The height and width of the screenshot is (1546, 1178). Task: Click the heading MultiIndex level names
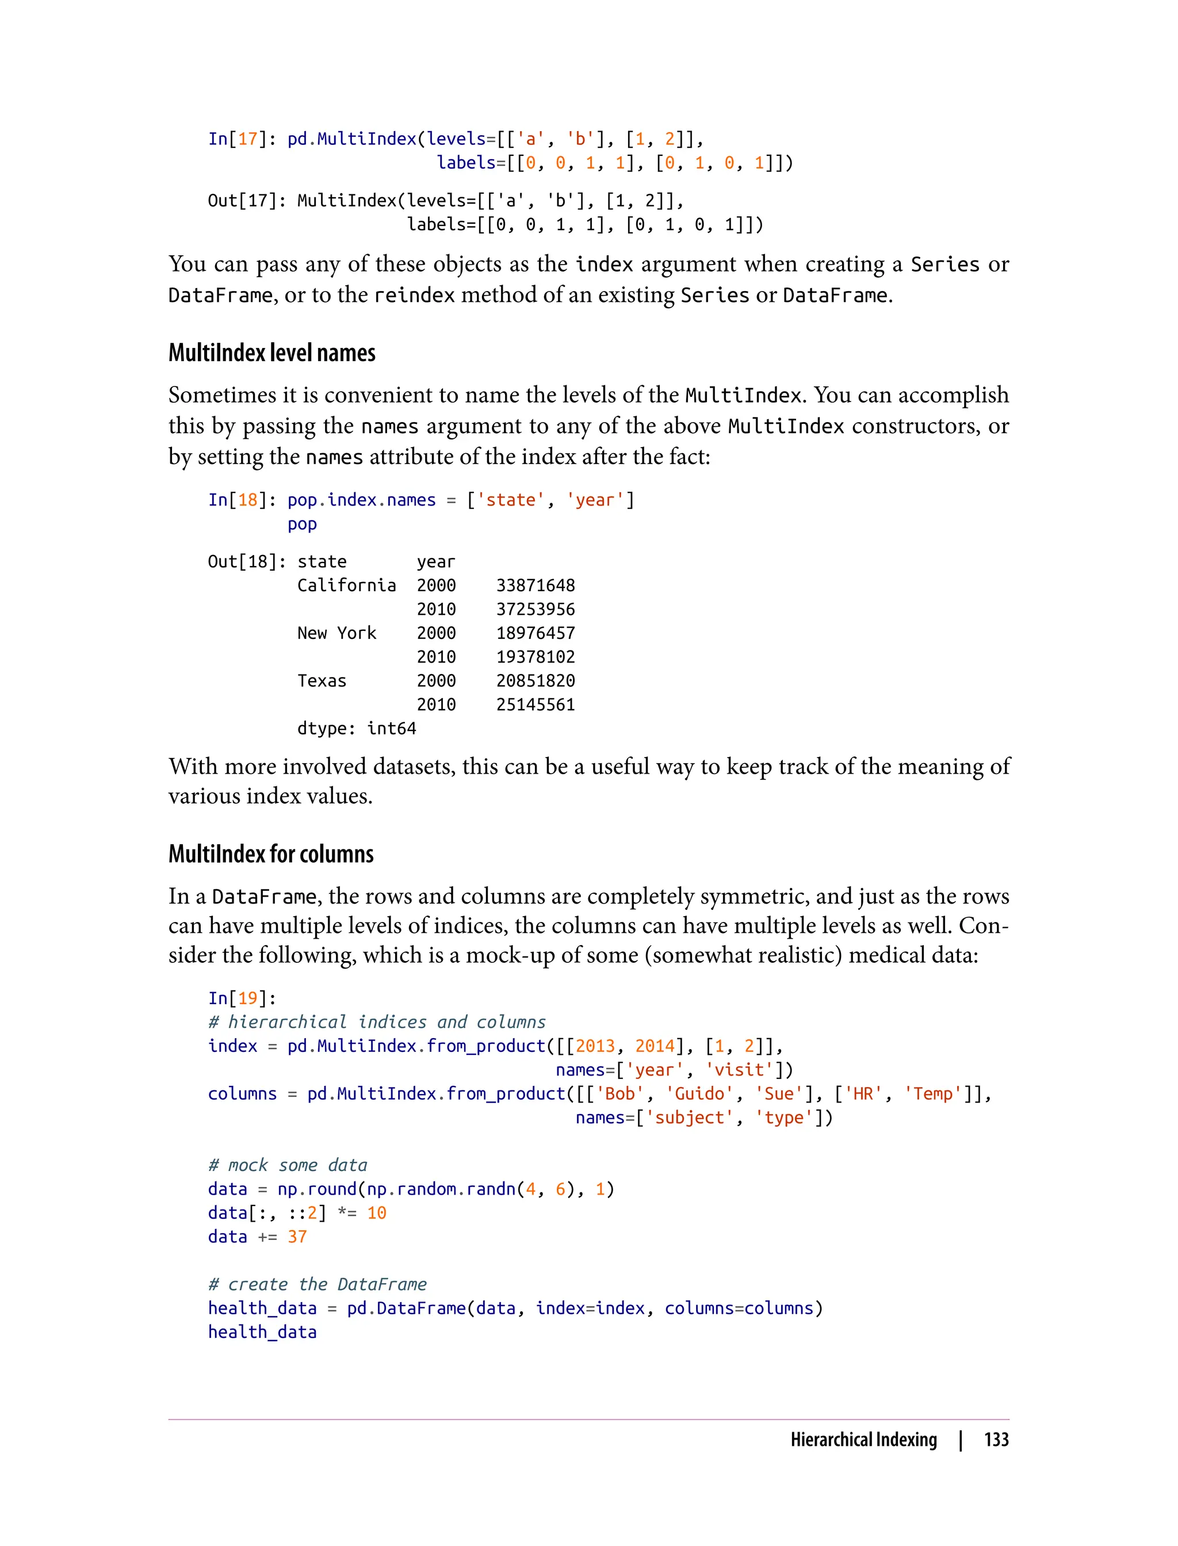coord(271,353)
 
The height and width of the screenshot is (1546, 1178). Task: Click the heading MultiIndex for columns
coord(271,854)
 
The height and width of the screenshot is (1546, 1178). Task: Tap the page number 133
coord(996,1440)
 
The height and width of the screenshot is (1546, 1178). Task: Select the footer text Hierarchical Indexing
coord(863,1440)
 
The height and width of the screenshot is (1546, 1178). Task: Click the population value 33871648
coord(535,586)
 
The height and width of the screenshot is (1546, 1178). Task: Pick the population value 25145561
coord(535,705)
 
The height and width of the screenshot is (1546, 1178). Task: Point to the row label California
coord(346,586)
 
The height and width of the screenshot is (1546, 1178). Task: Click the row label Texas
coord(322,681)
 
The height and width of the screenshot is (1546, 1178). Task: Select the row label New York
coord(336,633)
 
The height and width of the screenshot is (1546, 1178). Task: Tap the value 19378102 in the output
coord(535,657)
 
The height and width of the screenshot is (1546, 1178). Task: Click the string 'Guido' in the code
coord(699,1094)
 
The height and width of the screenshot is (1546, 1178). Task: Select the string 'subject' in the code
coord(689,1118)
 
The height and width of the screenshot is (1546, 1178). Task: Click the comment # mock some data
coord(288,1165)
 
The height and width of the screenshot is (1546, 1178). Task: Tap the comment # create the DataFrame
coord(317,1284)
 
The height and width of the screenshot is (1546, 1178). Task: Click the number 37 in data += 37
coord(297,1237)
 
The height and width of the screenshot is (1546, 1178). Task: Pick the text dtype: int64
coord(356,729)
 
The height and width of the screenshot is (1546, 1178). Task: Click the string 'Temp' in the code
coord(932,1094)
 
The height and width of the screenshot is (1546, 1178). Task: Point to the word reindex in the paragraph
coord(414,295)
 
